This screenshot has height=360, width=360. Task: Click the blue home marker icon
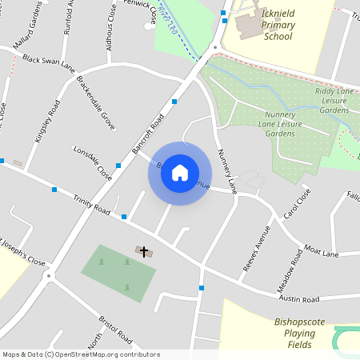pos(180,173)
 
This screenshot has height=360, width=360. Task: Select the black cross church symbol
pos(144,251)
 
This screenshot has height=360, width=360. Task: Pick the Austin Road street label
pos(298,299)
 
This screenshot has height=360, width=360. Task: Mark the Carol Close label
pos(295,204)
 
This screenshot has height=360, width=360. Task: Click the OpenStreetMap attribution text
pos(81,354)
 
